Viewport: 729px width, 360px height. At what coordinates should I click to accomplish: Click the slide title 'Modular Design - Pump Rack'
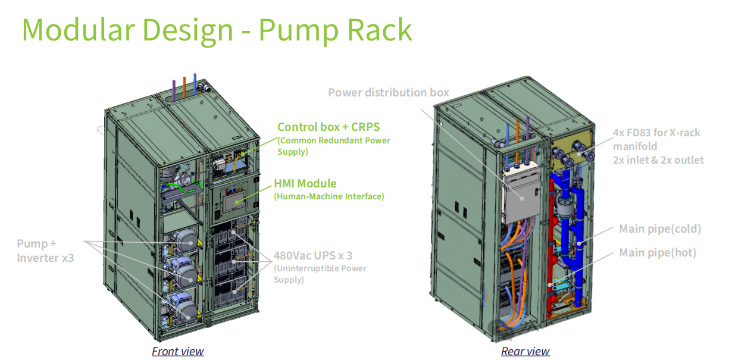click(217, 30)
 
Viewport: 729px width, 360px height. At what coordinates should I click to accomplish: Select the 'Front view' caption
click(177, 351)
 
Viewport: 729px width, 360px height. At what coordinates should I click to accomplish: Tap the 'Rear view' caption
click(525, 351)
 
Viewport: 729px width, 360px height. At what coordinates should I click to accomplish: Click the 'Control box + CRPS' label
click(328, 127)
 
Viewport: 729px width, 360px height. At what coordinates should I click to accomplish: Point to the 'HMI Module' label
click(305, 183)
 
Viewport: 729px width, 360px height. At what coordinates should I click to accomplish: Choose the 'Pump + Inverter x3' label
click(45, 251)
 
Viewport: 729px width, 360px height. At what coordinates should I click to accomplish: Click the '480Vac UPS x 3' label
click(313, 256)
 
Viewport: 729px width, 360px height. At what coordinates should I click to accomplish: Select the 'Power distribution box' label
click(389, 92)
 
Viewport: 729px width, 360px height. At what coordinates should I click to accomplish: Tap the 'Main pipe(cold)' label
click(660, 229)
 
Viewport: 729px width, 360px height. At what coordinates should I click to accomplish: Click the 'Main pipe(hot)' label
click(658, 253)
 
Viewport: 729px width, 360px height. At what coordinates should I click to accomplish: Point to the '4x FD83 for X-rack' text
click(656, 133)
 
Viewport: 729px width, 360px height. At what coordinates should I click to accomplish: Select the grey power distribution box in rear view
click(521, 192)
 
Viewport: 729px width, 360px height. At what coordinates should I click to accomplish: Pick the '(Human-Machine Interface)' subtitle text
click(328, 196)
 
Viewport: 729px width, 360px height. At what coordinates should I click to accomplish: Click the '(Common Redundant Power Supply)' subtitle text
click(333, 146)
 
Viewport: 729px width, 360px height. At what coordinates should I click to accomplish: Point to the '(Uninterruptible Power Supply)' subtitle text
click(320, 274)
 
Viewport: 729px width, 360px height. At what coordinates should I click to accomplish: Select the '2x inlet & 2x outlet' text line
click(658, 159)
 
